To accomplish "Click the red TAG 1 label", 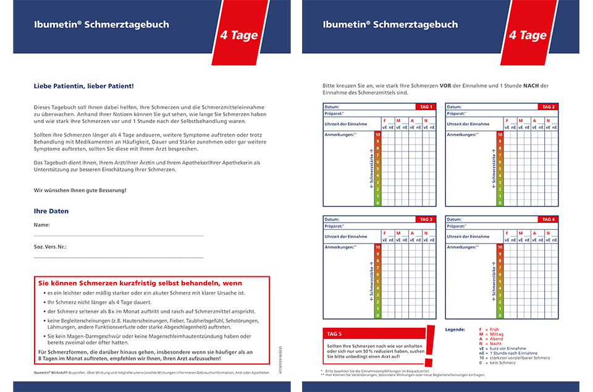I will [426, 107].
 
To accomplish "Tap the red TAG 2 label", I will [549, 107].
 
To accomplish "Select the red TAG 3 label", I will [426, 219].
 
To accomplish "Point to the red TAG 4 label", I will [549, 219].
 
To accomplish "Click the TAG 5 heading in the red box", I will [334, 334].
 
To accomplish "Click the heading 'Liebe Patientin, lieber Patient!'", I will [83, 87].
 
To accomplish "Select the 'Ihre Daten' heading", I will [51, 211].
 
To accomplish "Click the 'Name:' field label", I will [42, 225].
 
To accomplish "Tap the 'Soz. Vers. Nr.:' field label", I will [50, 247].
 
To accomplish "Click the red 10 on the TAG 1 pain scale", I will [378, 134].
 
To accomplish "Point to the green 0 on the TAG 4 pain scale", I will [500, 315].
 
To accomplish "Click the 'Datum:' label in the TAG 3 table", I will [332, 219].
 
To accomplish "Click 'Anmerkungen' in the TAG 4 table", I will [463, 247].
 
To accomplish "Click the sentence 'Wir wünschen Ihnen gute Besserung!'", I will [80, 190].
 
